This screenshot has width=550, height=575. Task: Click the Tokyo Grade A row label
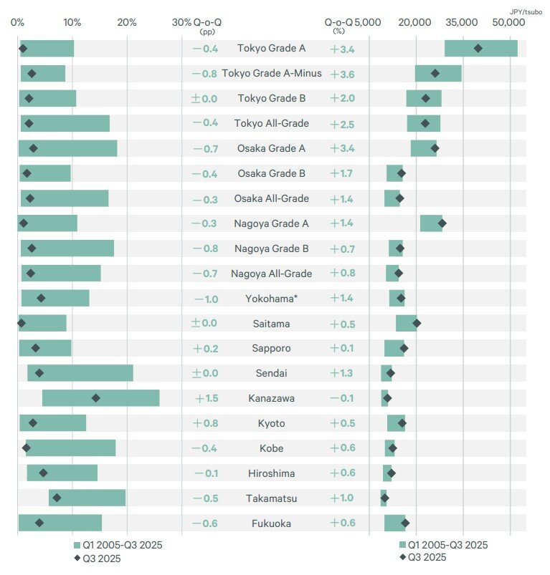(271, 48)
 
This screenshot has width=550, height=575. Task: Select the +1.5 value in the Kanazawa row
(206, 398)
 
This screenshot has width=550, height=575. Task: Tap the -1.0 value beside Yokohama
(206, 299)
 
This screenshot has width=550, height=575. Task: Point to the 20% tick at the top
(127, 22)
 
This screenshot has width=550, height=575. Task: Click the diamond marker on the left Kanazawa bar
(96, 398)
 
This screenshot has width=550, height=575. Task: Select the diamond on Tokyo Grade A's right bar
(478, 48)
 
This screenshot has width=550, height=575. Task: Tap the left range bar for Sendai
(80, 373)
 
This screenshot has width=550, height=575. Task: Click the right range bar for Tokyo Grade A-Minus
(438, 73)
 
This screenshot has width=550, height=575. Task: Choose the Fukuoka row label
(271, 523)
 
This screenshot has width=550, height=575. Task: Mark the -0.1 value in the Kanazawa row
(342, 398)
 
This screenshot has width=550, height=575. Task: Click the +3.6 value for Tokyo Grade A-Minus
(342, 74)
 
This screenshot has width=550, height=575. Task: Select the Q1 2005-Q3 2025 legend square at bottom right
(402, 545)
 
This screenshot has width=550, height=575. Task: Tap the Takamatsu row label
(271, 498)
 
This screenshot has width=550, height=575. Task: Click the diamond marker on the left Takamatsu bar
(57, 498)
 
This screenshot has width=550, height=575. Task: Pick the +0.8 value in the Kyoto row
(206, 423)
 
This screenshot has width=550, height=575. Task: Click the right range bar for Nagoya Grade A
(431, 223)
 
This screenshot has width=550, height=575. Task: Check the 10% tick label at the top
(72, 22)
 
